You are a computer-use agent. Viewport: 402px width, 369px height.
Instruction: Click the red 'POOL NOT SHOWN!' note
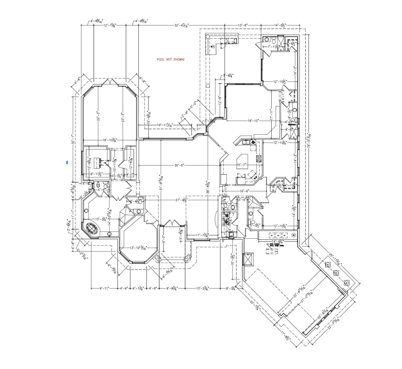[x=171, y=60]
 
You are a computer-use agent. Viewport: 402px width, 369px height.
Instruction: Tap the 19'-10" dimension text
[x=253, y=121]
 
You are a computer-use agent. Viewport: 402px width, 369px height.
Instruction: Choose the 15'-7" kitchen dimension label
[x=242, y=165]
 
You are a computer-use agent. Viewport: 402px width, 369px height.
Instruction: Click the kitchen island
[x=244, y=160]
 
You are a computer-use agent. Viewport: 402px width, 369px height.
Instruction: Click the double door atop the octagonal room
[x=110, y=82]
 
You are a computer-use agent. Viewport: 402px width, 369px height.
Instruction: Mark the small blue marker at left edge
[x=67, y=162]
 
